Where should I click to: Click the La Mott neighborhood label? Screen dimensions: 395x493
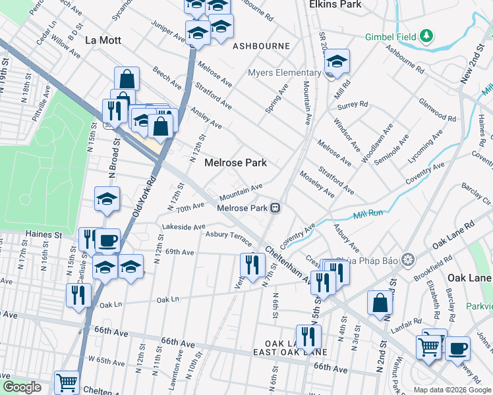tap(103, 40)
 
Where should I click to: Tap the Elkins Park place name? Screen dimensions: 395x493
tap(335, 4)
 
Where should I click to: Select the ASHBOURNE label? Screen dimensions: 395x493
tap(261, 46)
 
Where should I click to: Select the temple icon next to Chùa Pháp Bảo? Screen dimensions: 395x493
tap(408, 259)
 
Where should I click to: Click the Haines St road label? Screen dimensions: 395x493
tap(43, 234)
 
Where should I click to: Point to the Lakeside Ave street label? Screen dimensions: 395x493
tap(184, 227)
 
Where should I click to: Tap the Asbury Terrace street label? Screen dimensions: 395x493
tap(229, 234)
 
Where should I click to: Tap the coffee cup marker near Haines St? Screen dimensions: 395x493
tap(107, 240)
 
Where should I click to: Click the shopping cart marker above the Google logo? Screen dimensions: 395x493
tap(67, 381)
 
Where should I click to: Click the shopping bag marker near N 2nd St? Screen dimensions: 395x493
tap(380, 303)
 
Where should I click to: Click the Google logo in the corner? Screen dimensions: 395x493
tap(22, 387)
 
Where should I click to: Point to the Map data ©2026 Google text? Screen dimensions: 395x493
tap(452, 390)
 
